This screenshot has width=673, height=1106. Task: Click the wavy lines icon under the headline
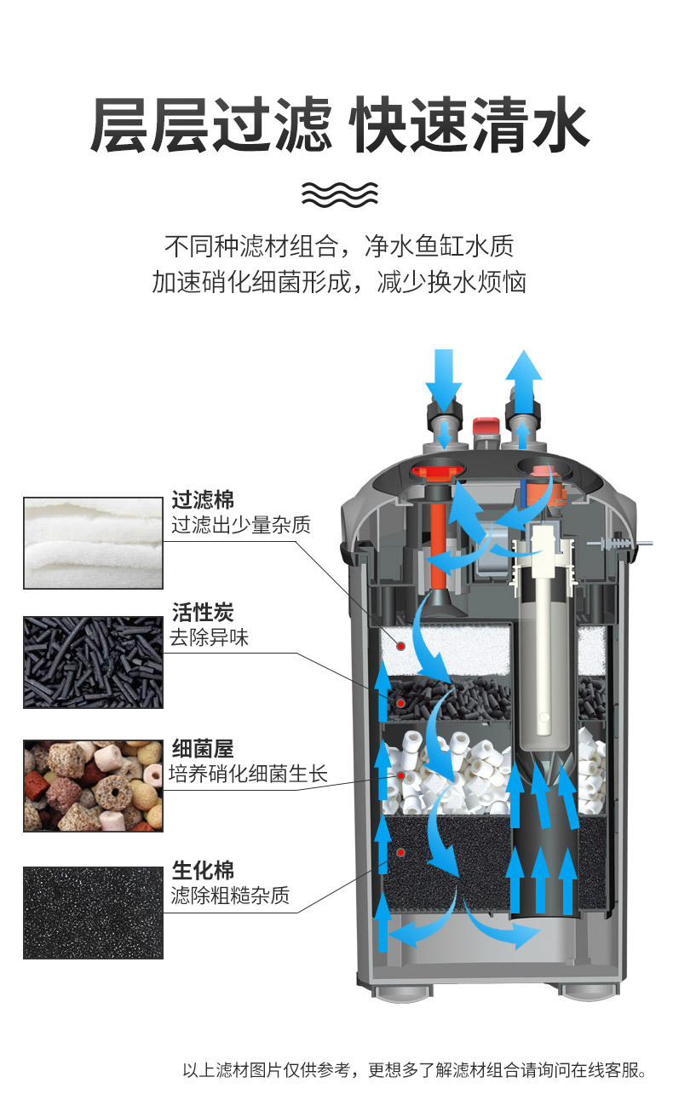click(x=339, y=195)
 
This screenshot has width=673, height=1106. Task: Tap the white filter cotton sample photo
click(x=92, y=543)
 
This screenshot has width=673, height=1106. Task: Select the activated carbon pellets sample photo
click(x=92, y=661)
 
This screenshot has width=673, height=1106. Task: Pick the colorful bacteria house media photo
click(x=92, y=786)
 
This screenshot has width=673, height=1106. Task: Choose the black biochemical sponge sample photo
click(x=92, y=912)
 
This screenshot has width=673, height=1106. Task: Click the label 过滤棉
click(x=203, y=499)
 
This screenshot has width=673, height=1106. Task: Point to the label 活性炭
click(x=203, y=612)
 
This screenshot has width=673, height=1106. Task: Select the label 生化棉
click(x=203, y=870)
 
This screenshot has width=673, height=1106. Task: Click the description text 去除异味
click(x=210, y=637)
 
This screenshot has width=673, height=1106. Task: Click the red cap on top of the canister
click(x=486, y=425)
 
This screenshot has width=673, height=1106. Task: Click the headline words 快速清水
click(x=470, y=125)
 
